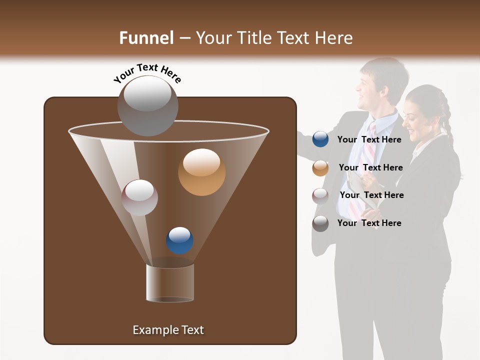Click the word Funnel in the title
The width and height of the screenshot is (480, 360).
146,38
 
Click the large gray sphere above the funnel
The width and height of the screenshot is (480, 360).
147,105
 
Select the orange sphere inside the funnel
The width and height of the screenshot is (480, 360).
202,172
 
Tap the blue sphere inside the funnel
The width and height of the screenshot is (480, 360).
180,240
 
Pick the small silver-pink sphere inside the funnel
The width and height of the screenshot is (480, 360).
140,197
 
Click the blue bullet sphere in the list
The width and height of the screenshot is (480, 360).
320,139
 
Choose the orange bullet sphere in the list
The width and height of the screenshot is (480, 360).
320,167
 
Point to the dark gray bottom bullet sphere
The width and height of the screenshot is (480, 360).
320,223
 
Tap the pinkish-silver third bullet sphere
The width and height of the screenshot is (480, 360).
320,195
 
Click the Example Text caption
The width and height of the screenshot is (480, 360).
168,330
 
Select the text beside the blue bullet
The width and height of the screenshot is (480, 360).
369,139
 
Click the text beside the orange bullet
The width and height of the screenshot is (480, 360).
370,167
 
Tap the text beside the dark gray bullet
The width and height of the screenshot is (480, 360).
369,223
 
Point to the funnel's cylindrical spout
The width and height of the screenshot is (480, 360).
170,282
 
